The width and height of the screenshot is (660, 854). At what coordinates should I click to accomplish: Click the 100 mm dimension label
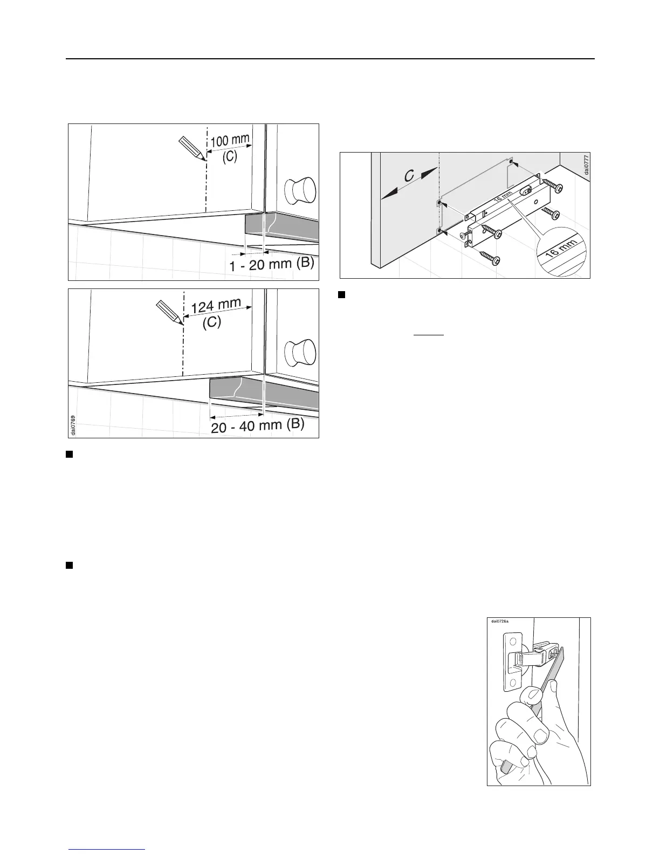point(230,141)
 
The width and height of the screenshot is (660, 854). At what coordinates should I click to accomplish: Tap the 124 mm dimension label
point(216,306)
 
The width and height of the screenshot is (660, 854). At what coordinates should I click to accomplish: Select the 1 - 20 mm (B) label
point(271,265)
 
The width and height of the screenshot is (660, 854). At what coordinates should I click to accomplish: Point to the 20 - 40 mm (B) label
point(258,426)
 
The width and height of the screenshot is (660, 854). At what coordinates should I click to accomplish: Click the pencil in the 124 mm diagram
point(169,312)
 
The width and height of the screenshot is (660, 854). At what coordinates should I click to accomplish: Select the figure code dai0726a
point(500,621)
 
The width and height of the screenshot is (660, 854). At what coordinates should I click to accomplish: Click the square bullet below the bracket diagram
point(341,294)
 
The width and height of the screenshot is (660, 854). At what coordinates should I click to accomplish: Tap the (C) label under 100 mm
point(230,157)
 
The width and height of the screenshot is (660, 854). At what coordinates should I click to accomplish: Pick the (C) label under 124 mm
point(211,324)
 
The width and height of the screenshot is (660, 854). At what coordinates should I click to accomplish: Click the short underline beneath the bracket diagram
point(428,335)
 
